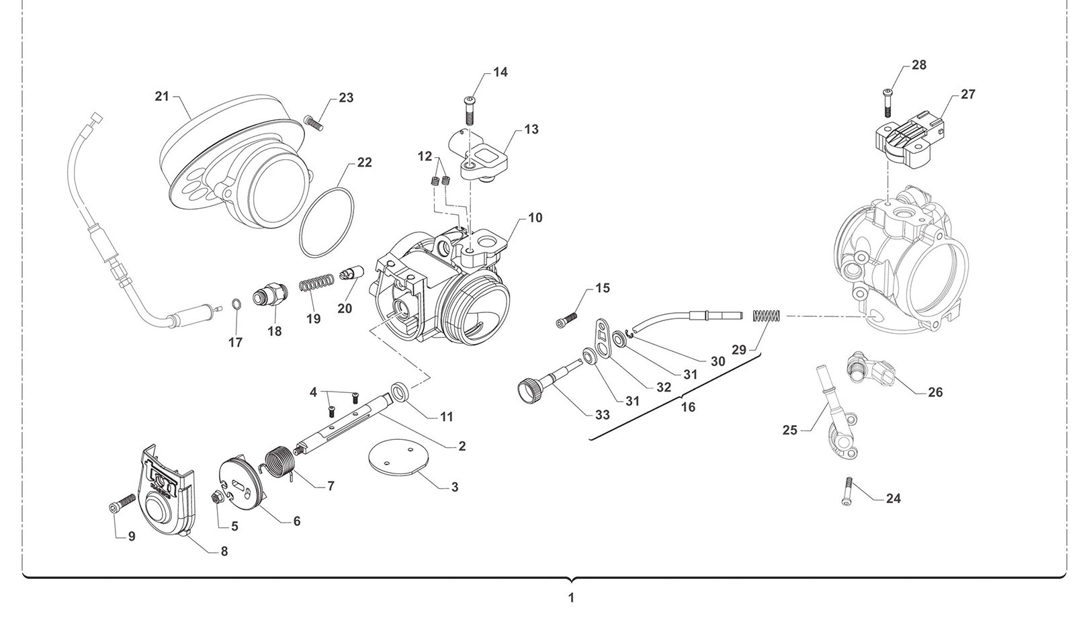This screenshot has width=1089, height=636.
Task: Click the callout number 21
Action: point(162,97)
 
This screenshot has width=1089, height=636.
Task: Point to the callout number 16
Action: point(688,407)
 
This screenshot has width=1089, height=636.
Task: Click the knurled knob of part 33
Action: point(529,388)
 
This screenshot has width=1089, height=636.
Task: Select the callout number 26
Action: point(935,392)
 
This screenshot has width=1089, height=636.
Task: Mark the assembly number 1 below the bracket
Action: point(571,597)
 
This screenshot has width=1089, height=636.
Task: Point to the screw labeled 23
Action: point(314,123)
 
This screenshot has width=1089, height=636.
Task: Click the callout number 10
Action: point(535,218)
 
